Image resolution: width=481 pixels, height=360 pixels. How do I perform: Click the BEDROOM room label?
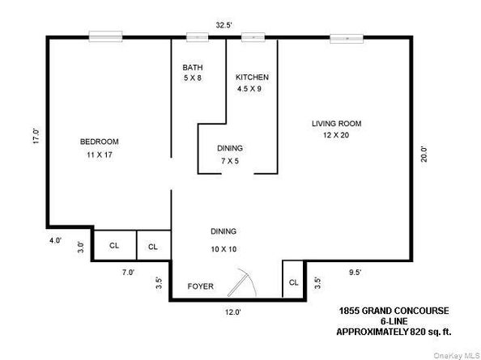point(100,141)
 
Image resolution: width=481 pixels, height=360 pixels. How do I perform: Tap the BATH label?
point(192,67)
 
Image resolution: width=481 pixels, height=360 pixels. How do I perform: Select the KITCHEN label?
point(252,77)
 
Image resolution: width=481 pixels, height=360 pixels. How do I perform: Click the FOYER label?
point(200,286)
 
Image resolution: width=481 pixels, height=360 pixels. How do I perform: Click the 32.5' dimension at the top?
point(224,25)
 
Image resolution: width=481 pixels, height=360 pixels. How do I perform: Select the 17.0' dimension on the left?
point(35,133)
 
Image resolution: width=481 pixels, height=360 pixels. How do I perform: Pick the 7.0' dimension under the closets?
point(128,272)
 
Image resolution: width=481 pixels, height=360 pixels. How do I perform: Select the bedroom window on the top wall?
point(105,36)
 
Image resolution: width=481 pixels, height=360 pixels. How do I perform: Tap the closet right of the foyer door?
point(292,282)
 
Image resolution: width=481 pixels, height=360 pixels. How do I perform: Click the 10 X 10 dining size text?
point(223,248)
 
